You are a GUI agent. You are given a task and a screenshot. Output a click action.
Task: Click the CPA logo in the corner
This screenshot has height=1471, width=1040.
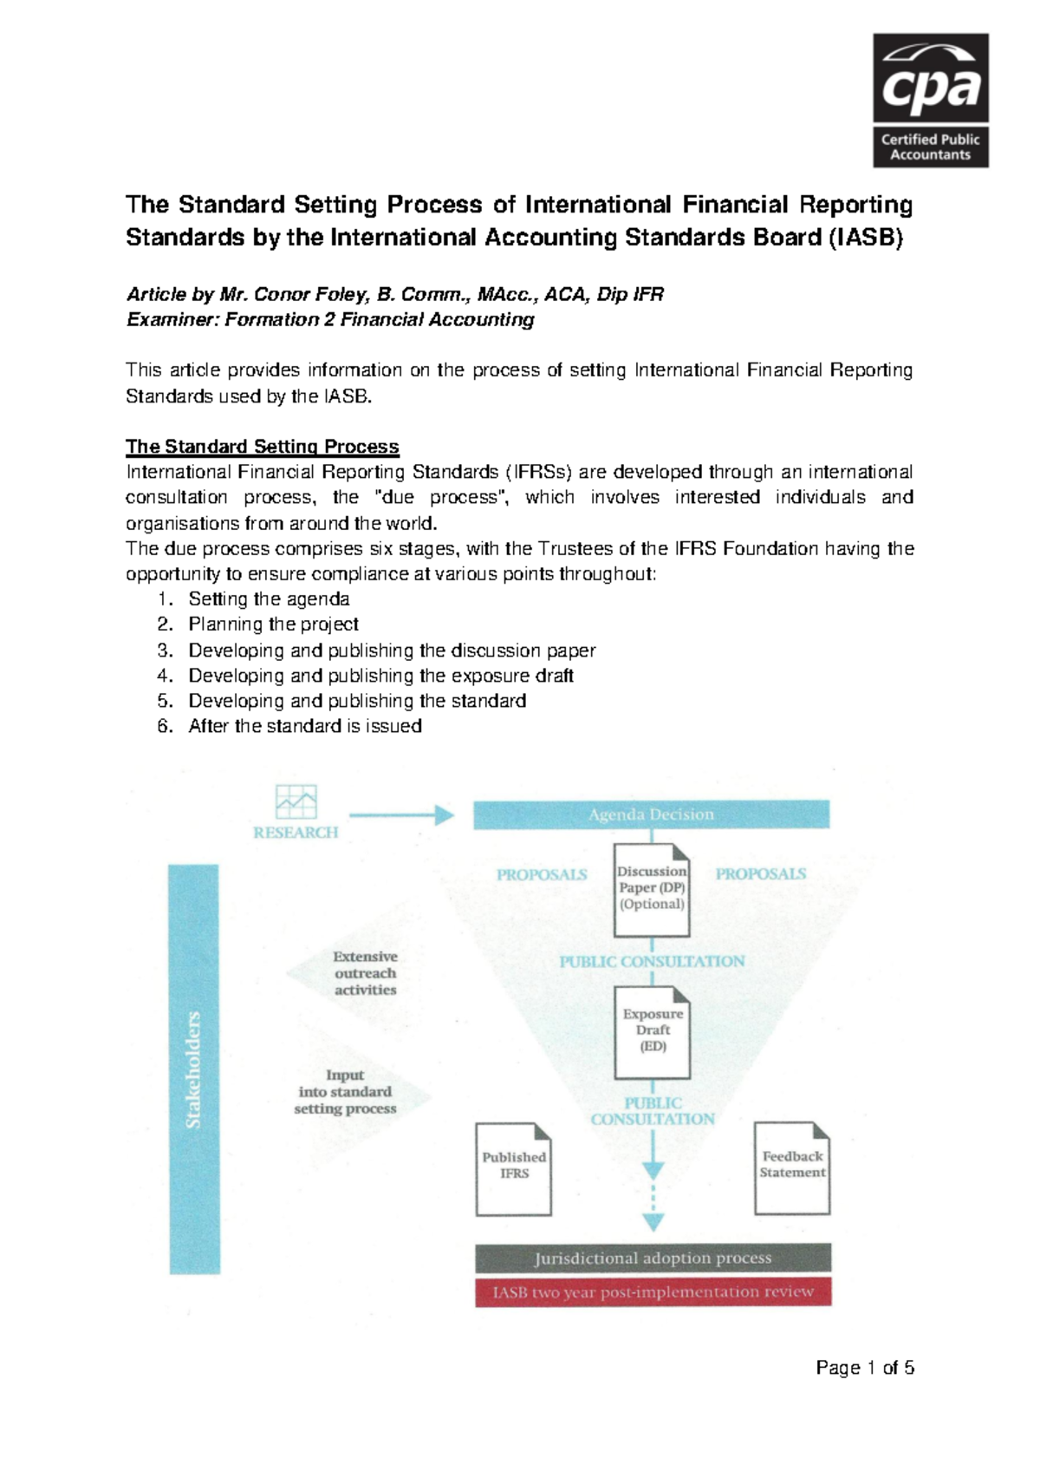pyautogui.click(x=930, y=100)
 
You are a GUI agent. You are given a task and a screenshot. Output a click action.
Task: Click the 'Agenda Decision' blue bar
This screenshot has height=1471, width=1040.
pyautogui.click(x=651, y=814)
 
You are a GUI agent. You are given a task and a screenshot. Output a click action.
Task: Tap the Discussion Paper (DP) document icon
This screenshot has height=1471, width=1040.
pyautogui.click(x=652, y=890)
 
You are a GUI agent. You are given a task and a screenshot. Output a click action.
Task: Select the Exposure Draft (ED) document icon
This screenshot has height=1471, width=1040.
pyautogui.click(x=653, y=1032)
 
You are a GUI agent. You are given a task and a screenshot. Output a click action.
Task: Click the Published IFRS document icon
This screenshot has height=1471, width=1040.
pyautogui.click(x=514, y=1168)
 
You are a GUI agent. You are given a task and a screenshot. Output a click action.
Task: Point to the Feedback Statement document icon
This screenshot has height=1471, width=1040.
pyautogui.click(x=792, y=1167)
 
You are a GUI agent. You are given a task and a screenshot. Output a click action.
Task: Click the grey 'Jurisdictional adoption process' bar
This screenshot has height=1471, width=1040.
pyautogui.click(x=653, y=1258)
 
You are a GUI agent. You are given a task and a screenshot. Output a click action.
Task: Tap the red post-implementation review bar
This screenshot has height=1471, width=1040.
pyautogui.click(x=653, y=1291)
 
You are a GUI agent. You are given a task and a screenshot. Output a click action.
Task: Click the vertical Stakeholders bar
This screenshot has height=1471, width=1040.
pyautogui.click(x=194, y=1069)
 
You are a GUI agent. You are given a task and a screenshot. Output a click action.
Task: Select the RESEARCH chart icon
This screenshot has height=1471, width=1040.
pyautogui.click(x=296, y=802)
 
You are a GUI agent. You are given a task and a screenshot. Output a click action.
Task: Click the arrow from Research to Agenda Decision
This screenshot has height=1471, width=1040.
pyautogui.click(x=401, y=814)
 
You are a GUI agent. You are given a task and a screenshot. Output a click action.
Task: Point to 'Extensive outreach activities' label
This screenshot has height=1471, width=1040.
pyautogui.click(x=365, y=973)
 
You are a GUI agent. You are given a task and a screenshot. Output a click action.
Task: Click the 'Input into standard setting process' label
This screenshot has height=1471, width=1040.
pyautogui.click(x=345, y=1092)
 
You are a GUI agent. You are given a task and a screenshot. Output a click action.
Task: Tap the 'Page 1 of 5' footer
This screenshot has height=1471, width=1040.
pyautogui.click(x=864, y=1368)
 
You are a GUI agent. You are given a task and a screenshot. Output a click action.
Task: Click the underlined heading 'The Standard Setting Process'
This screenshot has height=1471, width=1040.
pyautogui.click(x=262, y=447)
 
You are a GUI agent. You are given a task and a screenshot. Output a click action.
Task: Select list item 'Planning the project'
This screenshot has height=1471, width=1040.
pyautogui.click(x=273, y=624)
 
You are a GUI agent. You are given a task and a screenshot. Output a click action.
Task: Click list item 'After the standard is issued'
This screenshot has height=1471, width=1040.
pyautogui.click(x=305, y=726)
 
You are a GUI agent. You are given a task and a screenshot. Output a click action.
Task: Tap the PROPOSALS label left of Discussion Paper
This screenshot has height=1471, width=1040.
pyautogui.click(x=542, y=874)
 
